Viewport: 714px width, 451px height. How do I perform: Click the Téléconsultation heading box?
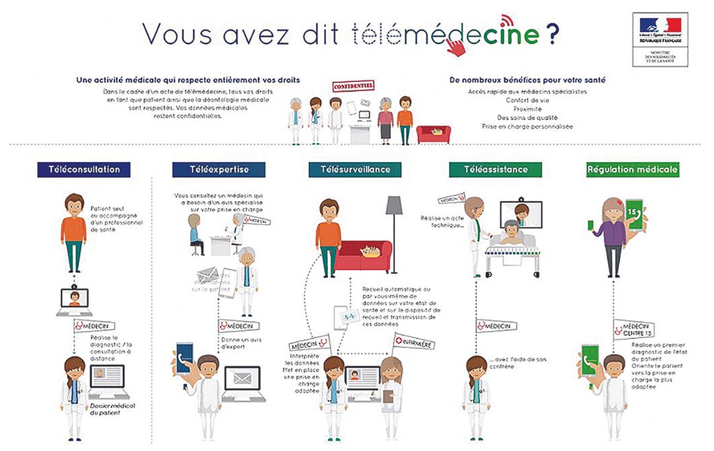84,169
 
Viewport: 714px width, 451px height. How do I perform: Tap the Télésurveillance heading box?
355,169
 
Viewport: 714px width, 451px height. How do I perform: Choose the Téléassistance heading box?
495,169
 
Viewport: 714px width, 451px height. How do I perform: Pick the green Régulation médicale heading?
632,169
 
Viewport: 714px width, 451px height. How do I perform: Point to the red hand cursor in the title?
456,47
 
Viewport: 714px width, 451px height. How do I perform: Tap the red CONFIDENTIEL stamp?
353,86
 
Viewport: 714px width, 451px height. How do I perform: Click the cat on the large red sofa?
370,252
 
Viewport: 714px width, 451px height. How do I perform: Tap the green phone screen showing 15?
634,213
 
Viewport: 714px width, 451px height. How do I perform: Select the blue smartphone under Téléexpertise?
184,359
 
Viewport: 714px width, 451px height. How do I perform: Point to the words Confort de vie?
527,100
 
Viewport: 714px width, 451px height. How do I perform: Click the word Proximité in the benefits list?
527,109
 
